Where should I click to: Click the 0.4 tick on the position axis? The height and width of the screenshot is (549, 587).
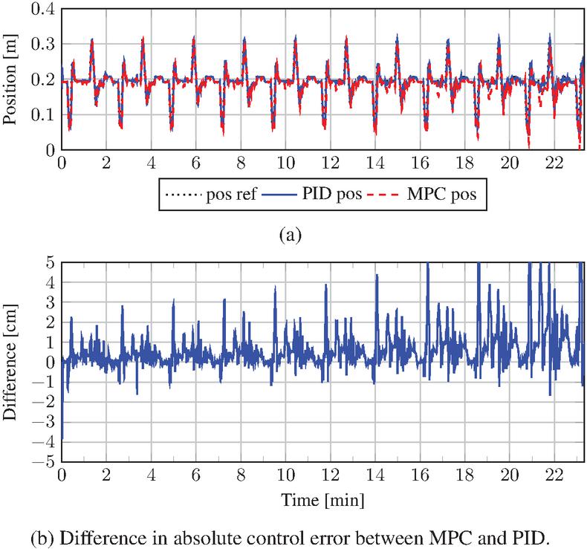(44, 8)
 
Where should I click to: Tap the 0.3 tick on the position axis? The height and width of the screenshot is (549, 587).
(44, 43)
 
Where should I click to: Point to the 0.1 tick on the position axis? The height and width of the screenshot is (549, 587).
(44, 114)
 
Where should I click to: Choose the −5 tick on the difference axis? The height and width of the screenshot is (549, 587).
(46, 461)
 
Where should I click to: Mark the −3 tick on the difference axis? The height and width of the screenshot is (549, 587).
(46, 421)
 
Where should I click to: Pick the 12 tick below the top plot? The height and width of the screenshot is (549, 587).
(328, 163)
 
